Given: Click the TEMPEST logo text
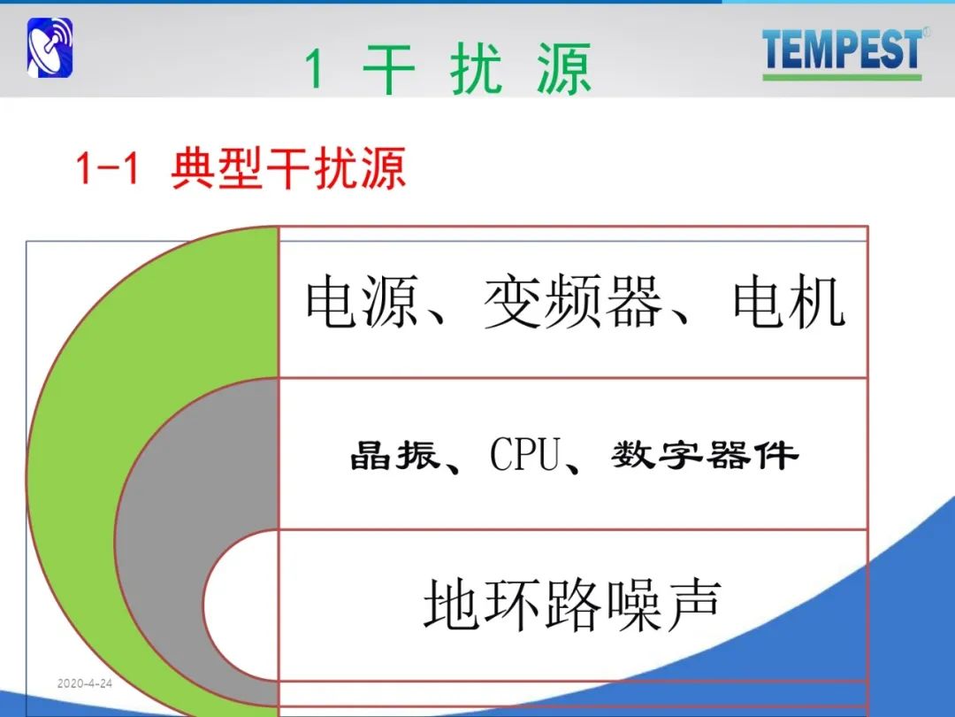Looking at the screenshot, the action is (844, 49).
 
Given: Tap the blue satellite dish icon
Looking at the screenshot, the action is (50, 48).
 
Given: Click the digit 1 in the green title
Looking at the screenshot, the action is (314, 69).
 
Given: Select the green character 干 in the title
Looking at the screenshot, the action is (388, 68).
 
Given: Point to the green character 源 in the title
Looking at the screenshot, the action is (564, 68).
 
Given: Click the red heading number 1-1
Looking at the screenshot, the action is (107, 168).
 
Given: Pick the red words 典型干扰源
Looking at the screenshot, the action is (288, 168).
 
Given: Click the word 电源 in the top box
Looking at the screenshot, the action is (362, 301).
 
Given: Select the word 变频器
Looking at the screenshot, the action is (572, 301).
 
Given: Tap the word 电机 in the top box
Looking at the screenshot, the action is (790, 301).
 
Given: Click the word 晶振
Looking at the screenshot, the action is (394, 455).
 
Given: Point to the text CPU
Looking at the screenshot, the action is (525, 454).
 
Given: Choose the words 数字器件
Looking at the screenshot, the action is (705, 455).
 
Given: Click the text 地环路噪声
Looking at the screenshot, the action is (572, 605).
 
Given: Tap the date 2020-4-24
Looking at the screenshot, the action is (85, 683).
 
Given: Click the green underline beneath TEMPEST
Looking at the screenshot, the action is (842, 77).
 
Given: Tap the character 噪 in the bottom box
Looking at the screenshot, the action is (633, 605).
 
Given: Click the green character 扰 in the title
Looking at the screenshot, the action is (477, 68).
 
